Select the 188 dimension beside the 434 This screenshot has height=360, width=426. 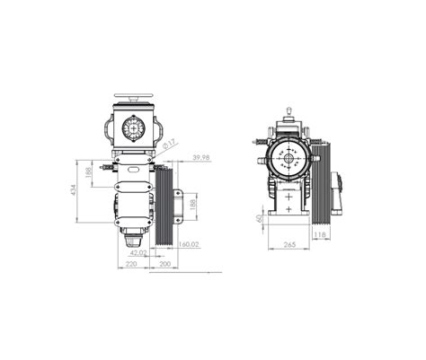click(88, 171)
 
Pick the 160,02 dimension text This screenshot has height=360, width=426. click(188, 244)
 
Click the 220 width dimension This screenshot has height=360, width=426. click(131, 265)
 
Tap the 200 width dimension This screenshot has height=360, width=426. click(165, 265)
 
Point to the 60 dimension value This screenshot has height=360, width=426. click(260, 217)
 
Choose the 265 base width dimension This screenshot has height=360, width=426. click(288, 244)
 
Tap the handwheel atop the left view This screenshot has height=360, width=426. click(137, 98)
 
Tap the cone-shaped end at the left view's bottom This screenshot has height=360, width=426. click(135, 240)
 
